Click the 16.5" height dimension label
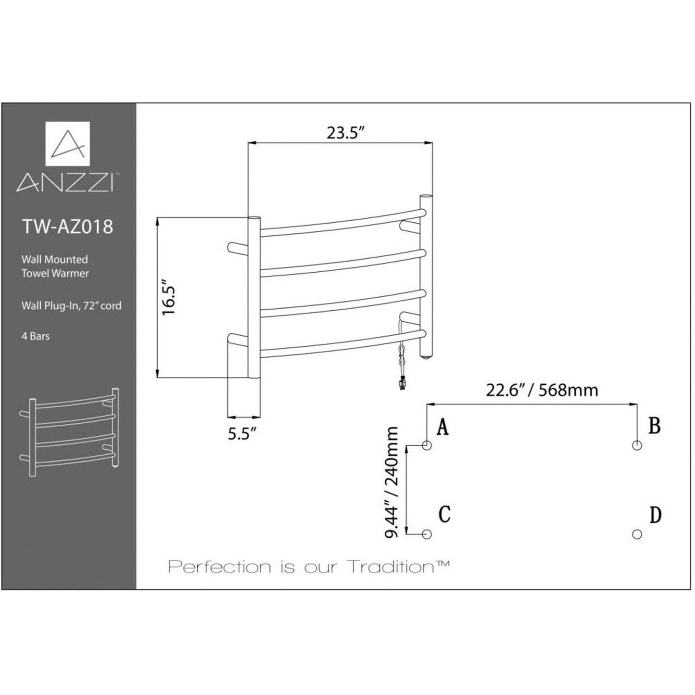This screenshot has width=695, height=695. [169, 298]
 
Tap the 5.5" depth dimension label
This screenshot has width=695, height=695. [241, 434]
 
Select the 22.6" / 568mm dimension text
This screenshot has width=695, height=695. [542, 390]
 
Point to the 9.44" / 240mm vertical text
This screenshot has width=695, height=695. [392, 482]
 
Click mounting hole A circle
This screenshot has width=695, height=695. [427, 445]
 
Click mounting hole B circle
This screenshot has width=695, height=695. [637, 445]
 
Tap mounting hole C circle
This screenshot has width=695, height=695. [427, 534]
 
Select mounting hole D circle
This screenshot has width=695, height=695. [637, 534]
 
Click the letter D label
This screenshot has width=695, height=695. [655, 515]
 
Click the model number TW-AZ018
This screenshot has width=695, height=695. [68, 227]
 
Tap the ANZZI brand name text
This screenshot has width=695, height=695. [65, 183]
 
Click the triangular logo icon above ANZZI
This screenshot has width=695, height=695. [68, 143]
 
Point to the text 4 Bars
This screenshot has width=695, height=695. [36, 336]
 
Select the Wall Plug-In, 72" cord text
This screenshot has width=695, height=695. [71, 306]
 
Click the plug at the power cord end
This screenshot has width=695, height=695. [402, 383]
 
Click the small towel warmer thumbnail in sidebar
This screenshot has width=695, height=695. [69, 432]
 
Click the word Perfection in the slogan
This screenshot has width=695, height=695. [220, 567]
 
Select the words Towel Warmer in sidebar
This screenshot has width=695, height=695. [55, 273]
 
